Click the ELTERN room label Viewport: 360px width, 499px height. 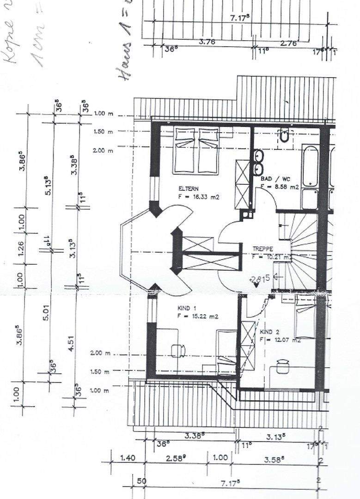pos(189,189)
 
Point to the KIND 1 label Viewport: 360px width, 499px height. pos(187,308)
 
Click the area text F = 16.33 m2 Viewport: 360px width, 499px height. pos(198,197)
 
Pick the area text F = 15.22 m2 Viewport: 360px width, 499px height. pos(197,316)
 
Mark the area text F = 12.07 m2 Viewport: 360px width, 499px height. pos(280,341)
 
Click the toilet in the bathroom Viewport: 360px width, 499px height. pos(284,136)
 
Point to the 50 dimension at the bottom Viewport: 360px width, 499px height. pos(141,481)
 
